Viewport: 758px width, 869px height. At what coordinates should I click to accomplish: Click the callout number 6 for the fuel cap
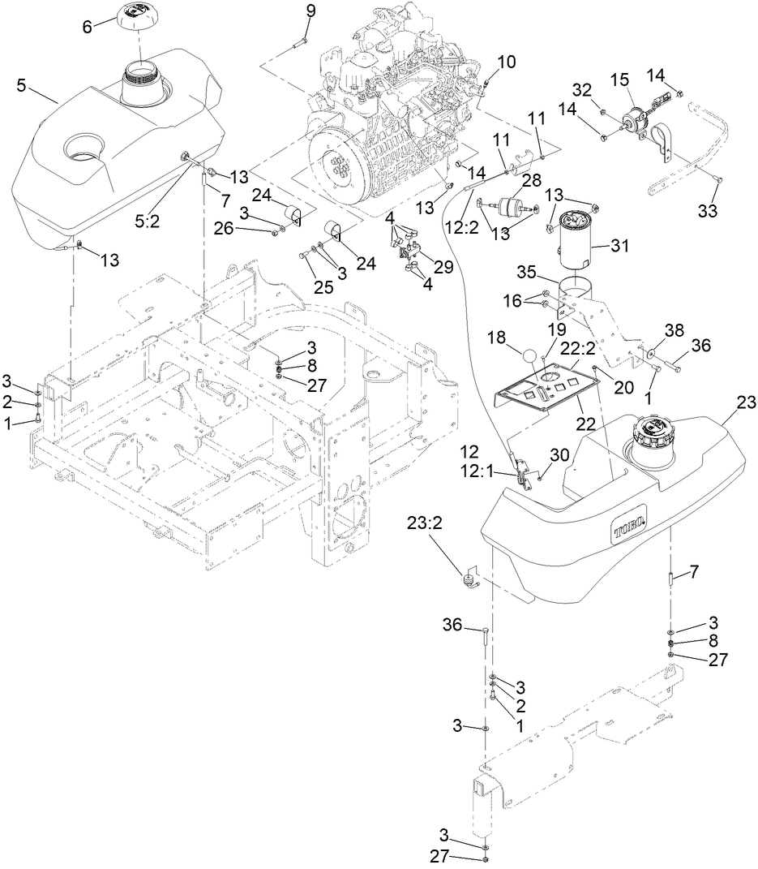tap(88, 26)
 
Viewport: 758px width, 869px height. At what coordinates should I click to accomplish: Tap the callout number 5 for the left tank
tap(21, 84)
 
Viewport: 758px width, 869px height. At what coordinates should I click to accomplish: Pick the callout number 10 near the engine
tap(506, 62)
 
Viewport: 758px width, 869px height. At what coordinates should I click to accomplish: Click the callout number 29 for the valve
tap(443, 267)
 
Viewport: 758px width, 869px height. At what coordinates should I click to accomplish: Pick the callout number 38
tap(674, 330)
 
